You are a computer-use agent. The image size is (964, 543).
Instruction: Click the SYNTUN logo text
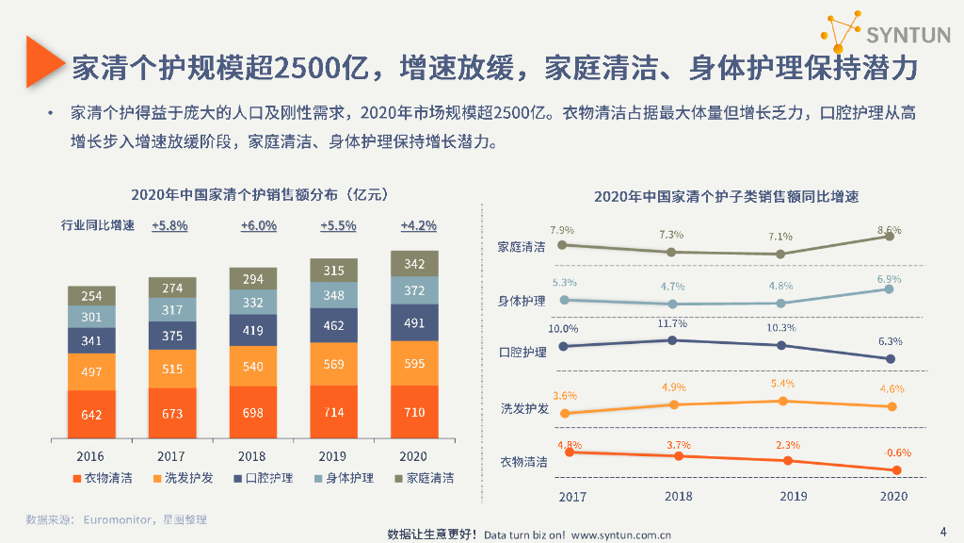pos(908,37)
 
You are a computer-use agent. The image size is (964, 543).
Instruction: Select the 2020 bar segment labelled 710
pos(414,412)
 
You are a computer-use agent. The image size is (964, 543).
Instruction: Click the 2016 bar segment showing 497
pos(91,371)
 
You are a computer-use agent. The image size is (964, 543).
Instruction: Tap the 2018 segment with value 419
pos(253,331)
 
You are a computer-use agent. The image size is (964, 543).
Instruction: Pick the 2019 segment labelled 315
pos(334,270)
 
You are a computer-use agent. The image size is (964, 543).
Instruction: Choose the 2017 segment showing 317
pos(172,309)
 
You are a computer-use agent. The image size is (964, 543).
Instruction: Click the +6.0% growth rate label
pos(258,226)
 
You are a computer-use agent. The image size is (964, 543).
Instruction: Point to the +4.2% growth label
pos(418,226)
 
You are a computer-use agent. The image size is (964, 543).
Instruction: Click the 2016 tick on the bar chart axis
pos(91,456)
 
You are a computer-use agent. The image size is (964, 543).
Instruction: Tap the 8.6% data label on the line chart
pos(889,230)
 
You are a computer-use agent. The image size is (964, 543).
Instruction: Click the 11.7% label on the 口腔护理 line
pos(672,323)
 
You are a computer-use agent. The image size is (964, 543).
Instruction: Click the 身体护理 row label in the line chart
pos(522,302)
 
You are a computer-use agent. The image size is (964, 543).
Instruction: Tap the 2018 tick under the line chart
pos(678,496)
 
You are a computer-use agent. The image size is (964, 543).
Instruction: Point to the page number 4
pos(944,529)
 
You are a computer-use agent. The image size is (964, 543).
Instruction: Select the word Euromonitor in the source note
pos(118,519)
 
